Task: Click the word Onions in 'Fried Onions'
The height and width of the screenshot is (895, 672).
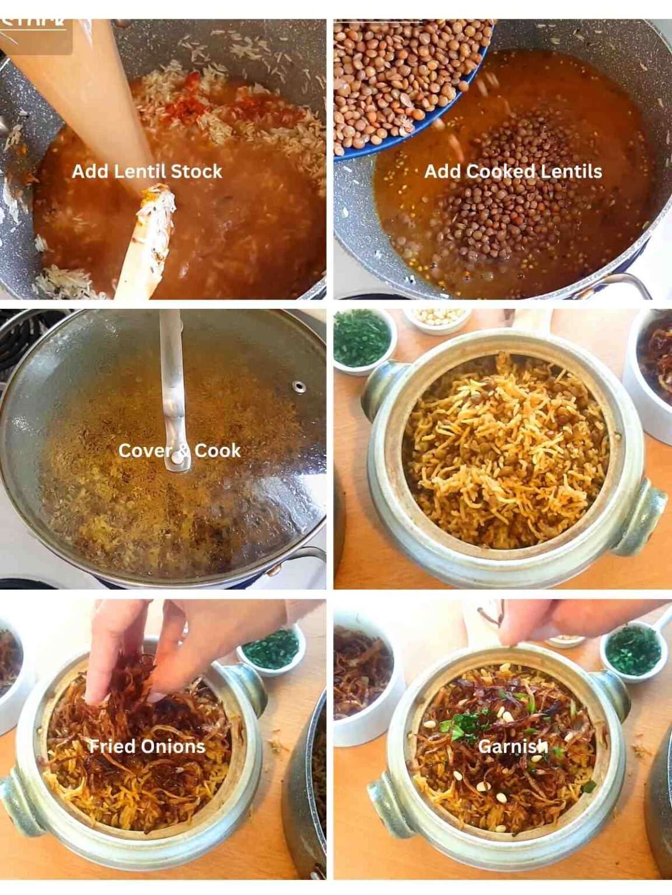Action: pos(178,746)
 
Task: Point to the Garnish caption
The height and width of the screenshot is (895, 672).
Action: pos(513,746)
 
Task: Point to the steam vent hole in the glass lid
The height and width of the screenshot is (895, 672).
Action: pos(299,386)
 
